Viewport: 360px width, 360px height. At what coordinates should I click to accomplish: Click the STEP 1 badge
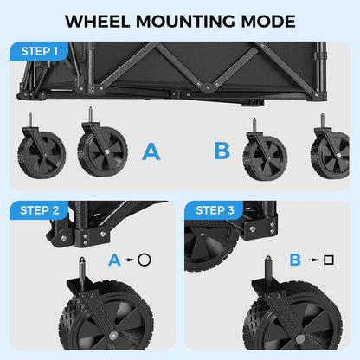(x=38, y=51)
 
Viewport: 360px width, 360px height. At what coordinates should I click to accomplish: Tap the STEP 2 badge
(x=38, y=210)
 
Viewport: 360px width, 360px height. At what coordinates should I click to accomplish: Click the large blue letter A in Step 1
(x=151, y=152)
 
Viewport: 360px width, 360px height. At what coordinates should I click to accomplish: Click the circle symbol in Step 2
(x=145, y=259)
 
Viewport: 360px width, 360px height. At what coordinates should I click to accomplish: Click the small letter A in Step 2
(x=114, y=259)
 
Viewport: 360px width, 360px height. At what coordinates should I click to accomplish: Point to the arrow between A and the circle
(x=129, y=259)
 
